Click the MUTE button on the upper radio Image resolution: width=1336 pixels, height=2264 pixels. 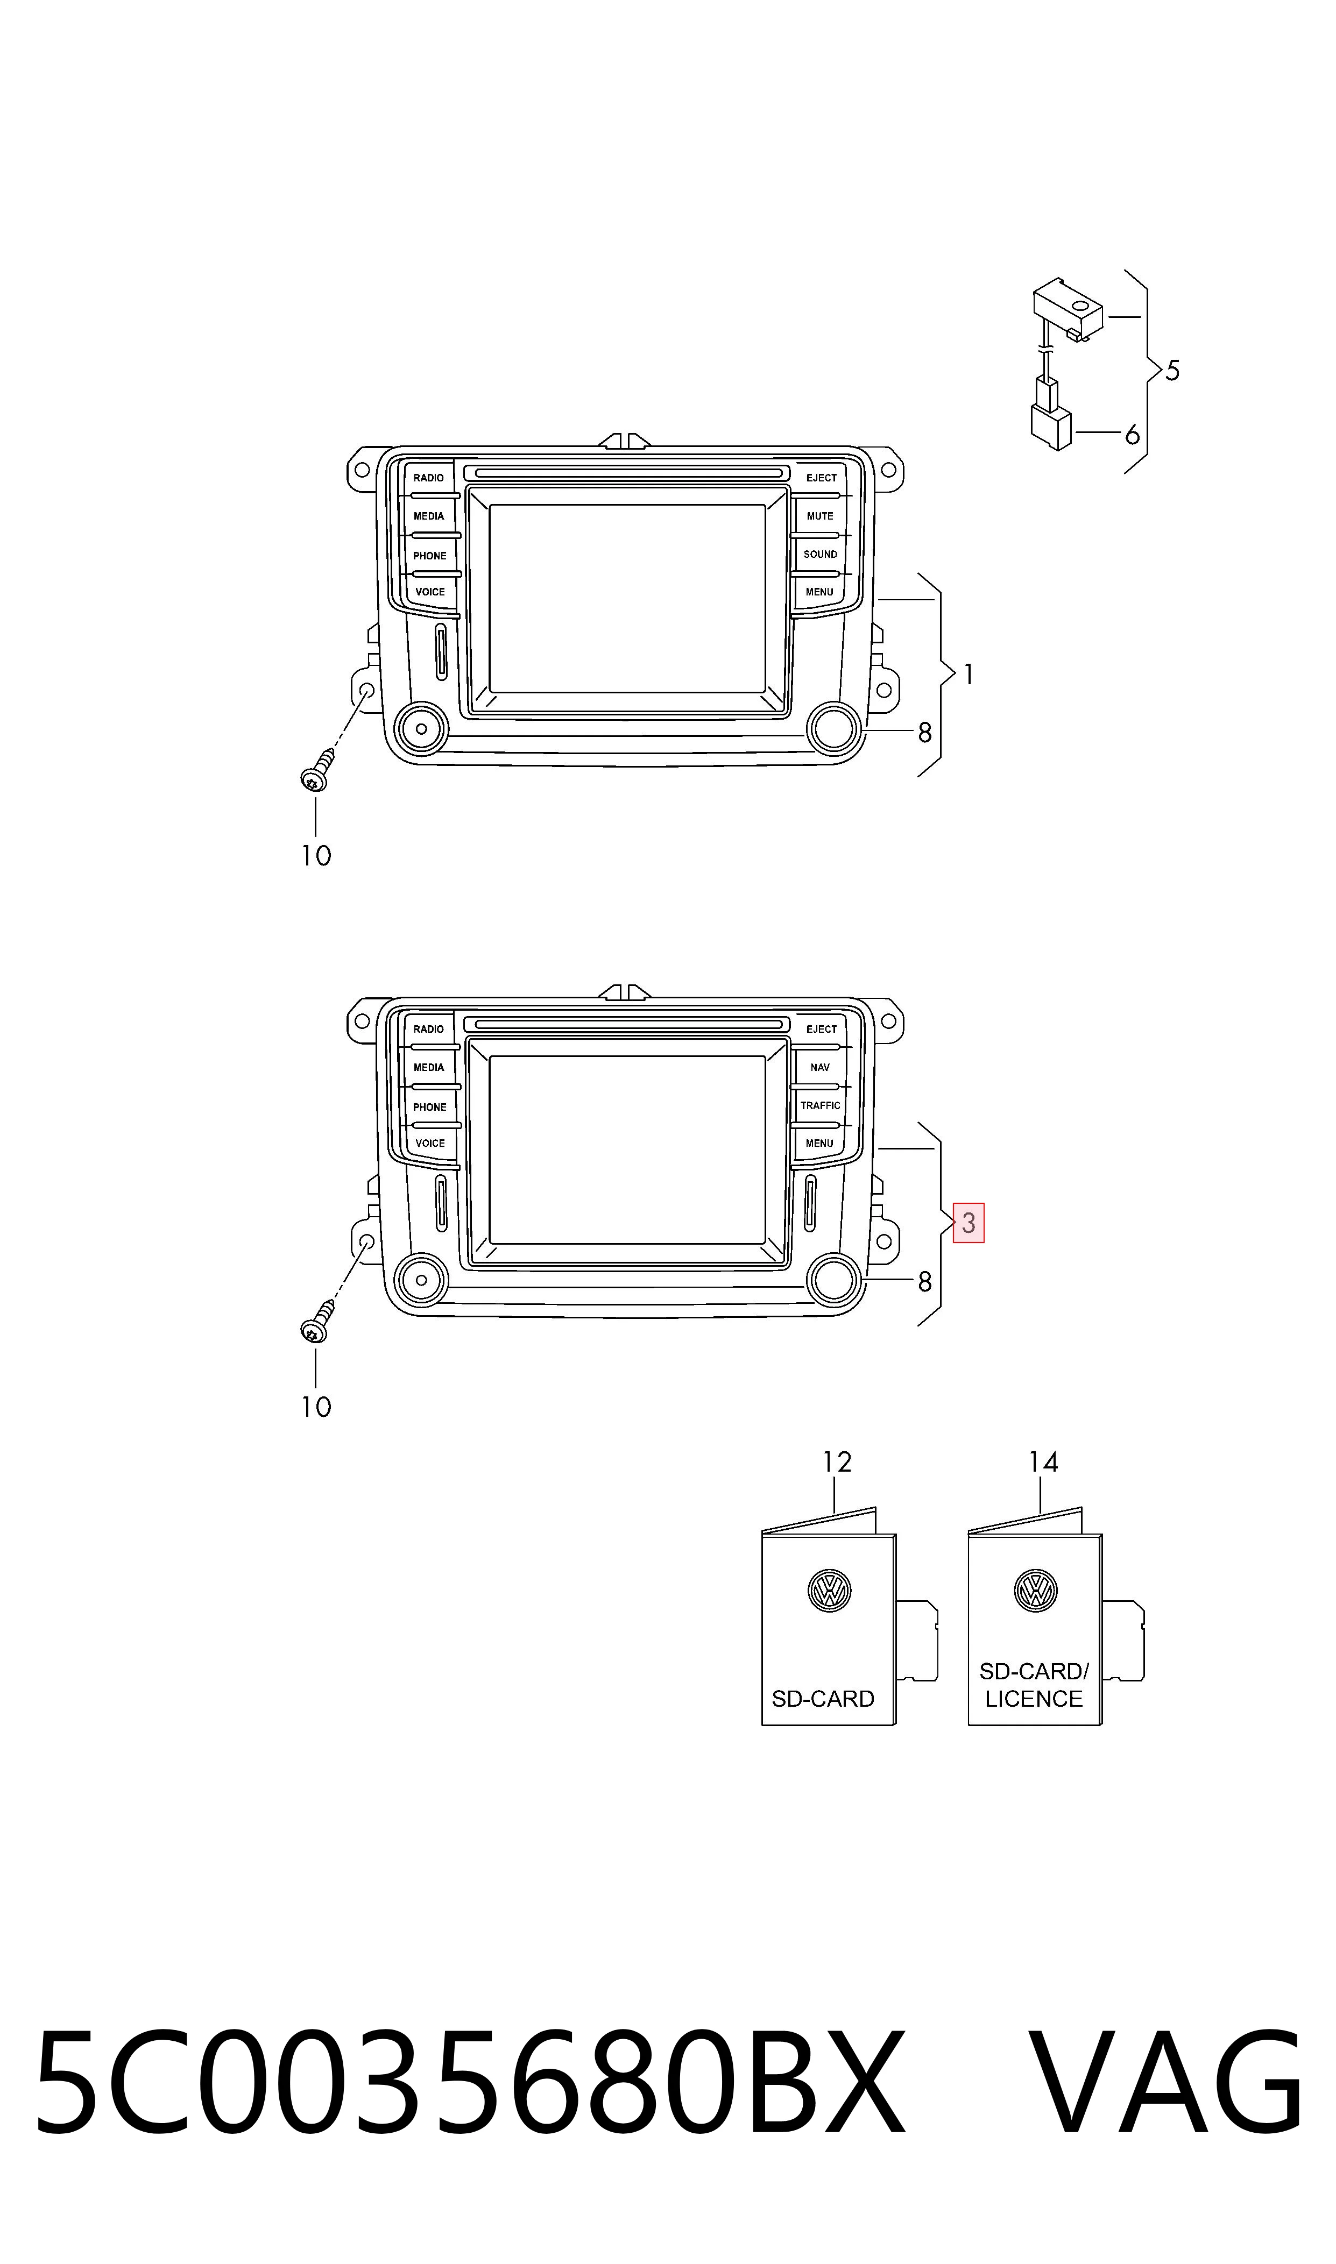(820, 516)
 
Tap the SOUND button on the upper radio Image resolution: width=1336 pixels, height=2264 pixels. (820, 555)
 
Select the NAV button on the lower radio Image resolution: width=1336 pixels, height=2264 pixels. (820, 1067)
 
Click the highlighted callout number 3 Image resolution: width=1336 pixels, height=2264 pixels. (969, 1223)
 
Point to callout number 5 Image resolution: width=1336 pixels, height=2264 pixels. (1172, 371)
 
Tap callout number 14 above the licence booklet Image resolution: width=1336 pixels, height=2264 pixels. (1043, 1462)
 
